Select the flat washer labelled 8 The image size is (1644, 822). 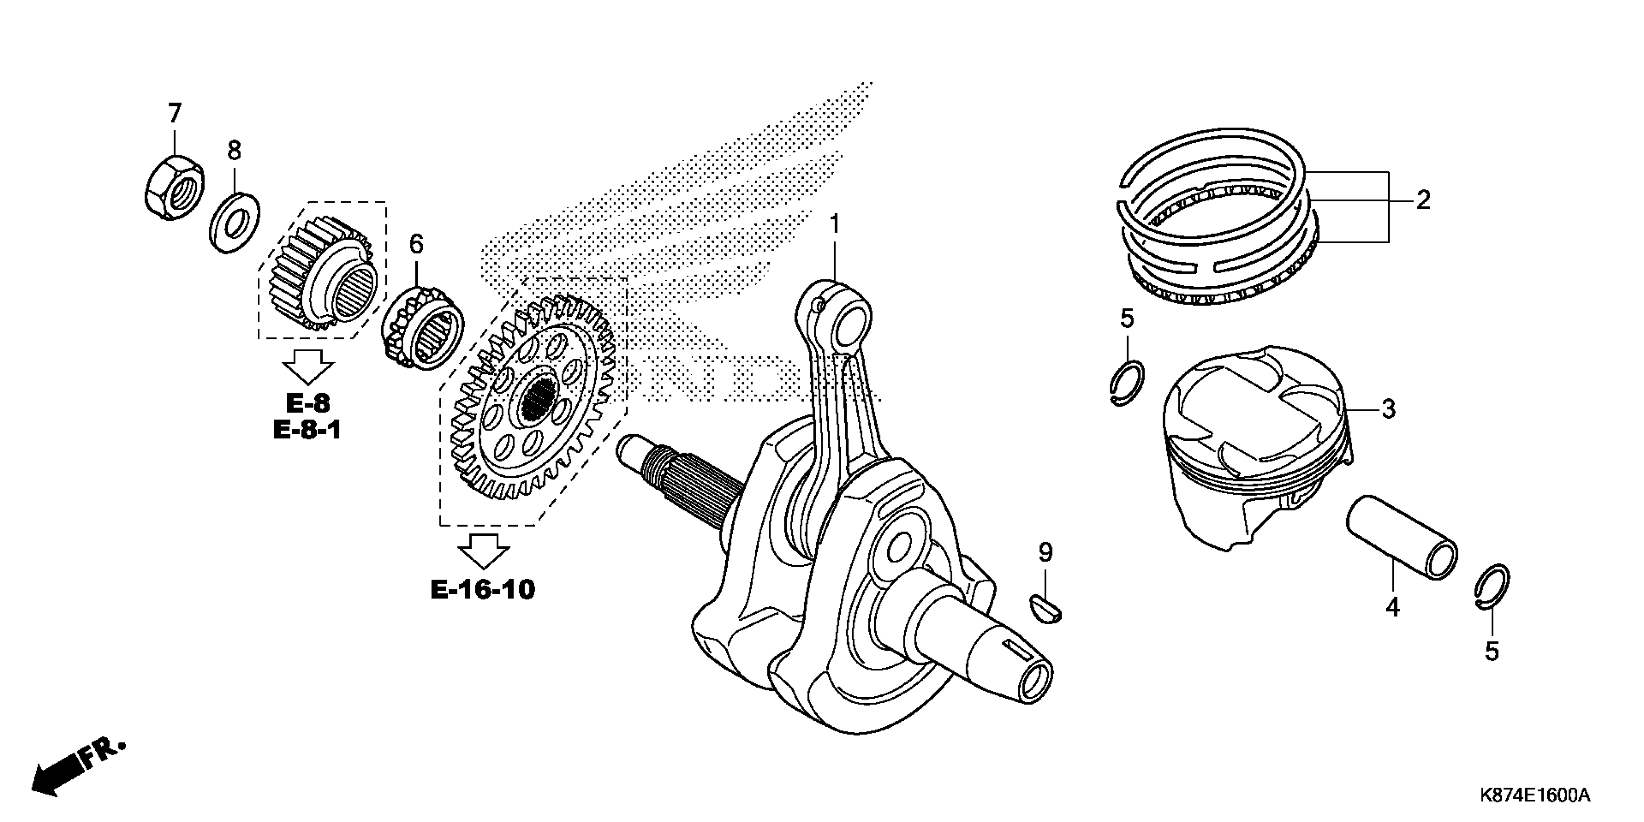(x=234, y=221)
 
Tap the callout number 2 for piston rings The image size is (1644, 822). (x=1423, y=200)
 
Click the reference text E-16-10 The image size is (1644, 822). (x=483, y=590)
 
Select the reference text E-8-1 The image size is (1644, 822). (x=307, y=430)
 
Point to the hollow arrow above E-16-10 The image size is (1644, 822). (x=485, y=549)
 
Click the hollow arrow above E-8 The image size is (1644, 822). (x=308, y=366)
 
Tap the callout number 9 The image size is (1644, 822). (x=1045, y=553)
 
